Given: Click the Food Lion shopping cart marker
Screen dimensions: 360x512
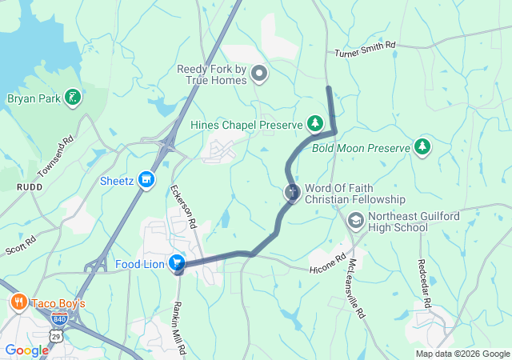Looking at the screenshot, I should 177,262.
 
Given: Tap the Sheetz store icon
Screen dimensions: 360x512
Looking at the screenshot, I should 146,180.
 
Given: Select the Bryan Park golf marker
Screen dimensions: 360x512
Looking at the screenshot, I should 73,98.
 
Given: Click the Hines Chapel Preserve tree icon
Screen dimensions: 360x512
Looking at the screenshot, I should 315,123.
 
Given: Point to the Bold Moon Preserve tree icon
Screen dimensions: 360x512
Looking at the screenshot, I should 422,146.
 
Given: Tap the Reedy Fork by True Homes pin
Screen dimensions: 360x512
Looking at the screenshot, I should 258,75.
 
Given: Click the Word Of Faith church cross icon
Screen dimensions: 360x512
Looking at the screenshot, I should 293,192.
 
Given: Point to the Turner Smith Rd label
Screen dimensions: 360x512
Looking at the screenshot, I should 366,50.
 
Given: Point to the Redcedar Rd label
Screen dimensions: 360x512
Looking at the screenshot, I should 425,283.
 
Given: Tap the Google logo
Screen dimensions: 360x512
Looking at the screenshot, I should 26,350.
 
